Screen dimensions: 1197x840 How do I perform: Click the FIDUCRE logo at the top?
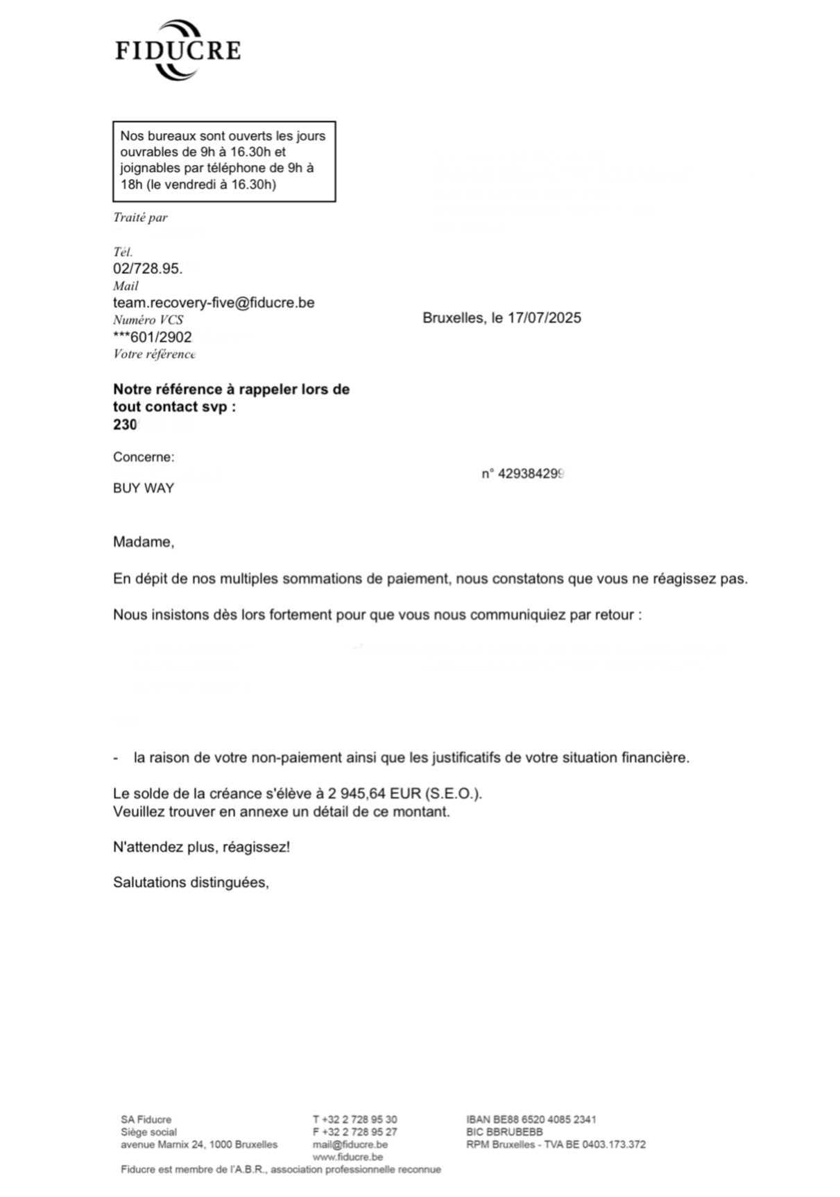point(178,50)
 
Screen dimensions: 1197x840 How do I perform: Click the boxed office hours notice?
point(223,160)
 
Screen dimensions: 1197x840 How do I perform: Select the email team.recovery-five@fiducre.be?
point(214,303)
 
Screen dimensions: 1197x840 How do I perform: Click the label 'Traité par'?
point(140,218)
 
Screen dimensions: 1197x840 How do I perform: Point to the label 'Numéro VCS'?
point(148,320)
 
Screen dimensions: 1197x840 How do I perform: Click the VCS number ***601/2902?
point(152,337)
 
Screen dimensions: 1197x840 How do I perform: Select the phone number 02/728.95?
point(148,269)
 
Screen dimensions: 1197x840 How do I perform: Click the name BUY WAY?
point(144,488)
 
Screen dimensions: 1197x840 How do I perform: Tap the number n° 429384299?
point(524,474)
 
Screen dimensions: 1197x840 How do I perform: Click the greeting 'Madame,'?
point(144,542)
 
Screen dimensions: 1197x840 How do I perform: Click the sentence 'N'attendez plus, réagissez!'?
point(201,847)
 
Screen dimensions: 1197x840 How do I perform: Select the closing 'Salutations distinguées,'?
point(191,883)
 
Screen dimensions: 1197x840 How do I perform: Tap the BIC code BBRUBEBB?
point(514,1132)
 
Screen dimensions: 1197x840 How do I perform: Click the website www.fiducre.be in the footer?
point(348,1157)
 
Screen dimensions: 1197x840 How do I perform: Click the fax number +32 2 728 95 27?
point(360,1132)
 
